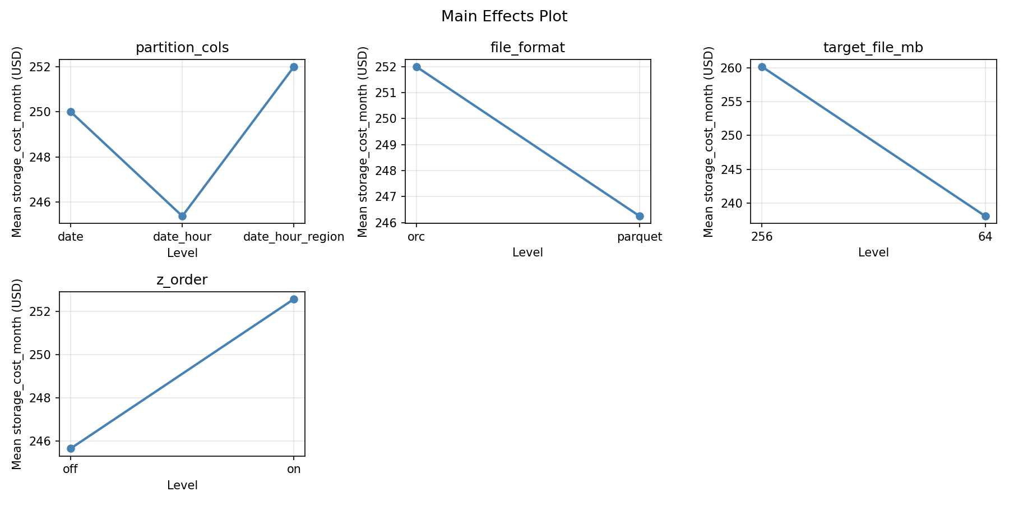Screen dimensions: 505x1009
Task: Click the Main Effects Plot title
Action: (x=504, y=17)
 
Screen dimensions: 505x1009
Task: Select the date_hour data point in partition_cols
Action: (x=182, y=216)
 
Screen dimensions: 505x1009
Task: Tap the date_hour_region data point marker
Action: (x=294, y=67)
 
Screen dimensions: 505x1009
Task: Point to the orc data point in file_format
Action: (x=416, y=67)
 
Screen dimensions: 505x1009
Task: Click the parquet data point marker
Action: (x=640, y=216)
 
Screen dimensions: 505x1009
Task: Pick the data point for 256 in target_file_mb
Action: (x=762, y=67)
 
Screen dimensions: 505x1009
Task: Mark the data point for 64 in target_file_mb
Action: (x=985, y=216)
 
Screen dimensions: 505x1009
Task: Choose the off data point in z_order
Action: (x=71, y=448)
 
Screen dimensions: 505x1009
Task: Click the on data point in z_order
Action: (x=294, y=299)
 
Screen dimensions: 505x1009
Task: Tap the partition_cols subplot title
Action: (x=182, y=48)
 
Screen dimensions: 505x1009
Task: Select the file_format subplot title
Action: (x=527, y=48)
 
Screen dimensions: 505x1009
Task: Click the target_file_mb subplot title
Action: (x=873, y=48)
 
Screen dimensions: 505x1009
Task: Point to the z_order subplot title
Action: (x=182, y=280)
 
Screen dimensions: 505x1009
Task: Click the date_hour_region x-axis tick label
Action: (x=294, y=237)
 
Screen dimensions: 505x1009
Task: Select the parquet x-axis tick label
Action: (x=640, y=237)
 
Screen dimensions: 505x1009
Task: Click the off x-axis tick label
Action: (x=71, y=469)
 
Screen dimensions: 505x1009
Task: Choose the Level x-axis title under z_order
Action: (x=182, y=485)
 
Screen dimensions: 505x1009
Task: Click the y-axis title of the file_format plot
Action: (x=363, y=141)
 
